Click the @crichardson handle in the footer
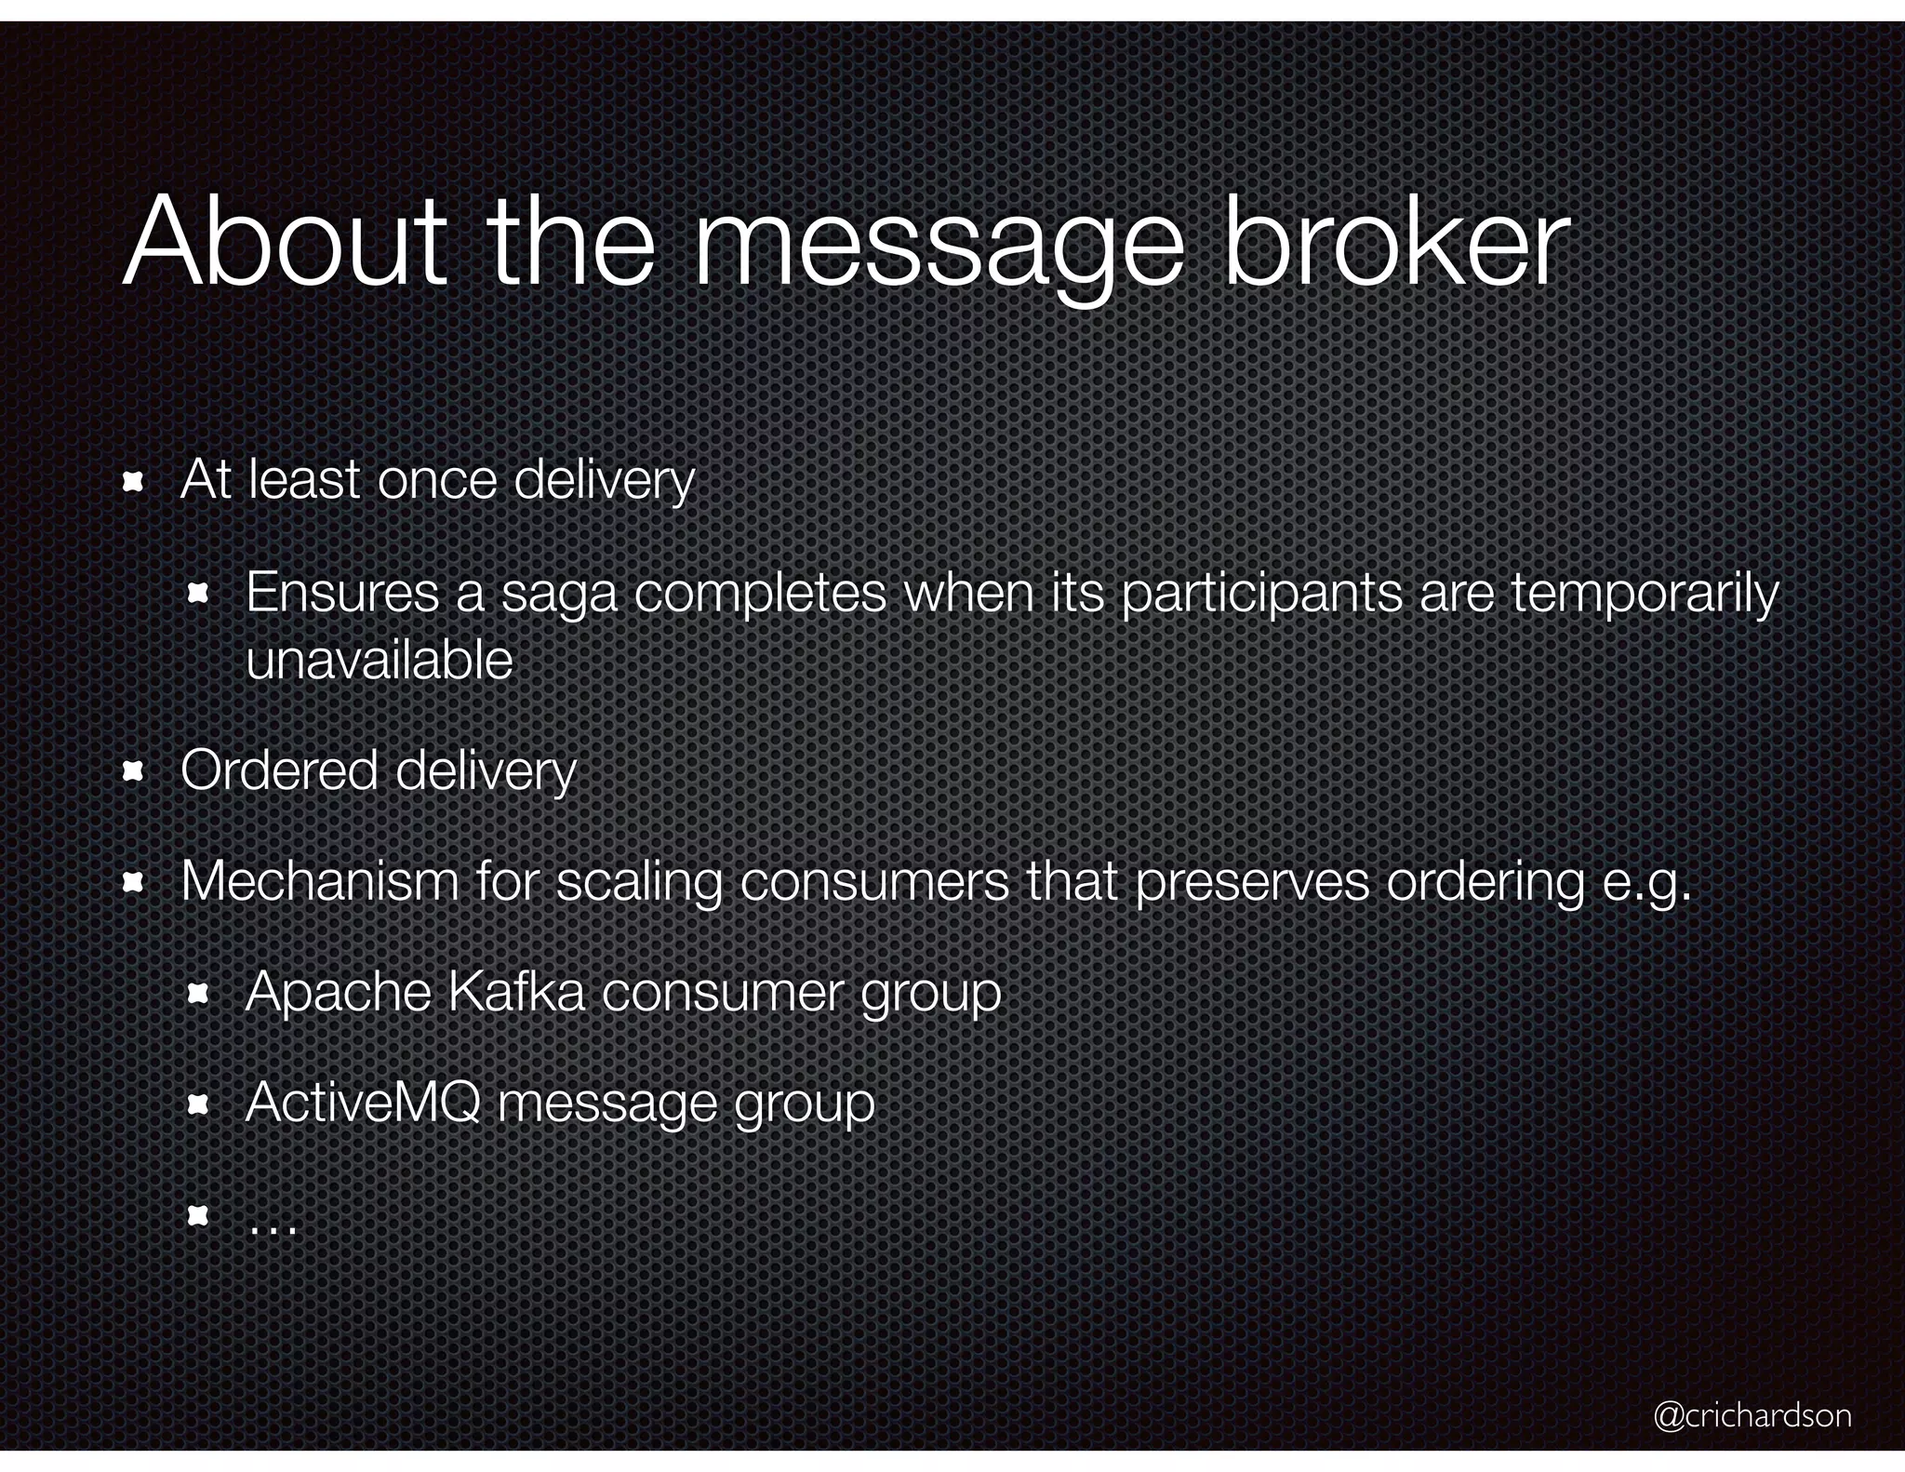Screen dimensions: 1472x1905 coord(1752,1415)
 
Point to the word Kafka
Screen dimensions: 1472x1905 coord(516,992)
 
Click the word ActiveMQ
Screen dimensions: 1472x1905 coord(363,1103)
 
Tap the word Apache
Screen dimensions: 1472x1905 coord(338,992)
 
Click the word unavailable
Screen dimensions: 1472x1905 coord(380,661)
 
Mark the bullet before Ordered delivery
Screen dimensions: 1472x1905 coord(132,771)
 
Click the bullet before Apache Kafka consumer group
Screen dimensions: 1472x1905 coord(197,994)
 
